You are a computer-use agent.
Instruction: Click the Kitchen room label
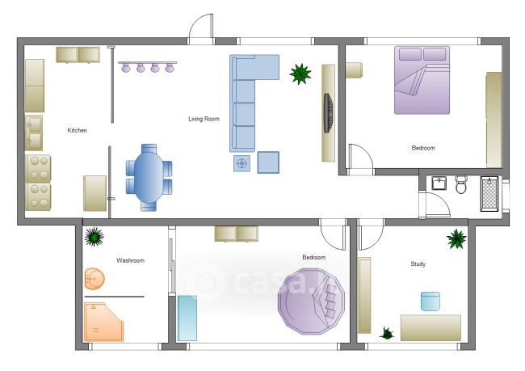[77, 130]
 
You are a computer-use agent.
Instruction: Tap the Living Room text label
[204, 119]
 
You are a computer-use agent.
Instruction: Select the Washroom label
[130, 260]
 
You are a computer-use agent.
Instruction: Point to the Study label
[418, 263]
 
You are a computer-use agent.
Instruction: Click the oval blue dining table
[149, 178]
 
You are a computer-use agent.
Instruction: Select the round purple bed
[312, 301]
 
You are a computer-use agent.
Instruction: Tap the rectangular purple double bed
[422, 80]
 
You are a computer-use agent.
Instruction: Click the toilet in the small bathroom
[461, 185]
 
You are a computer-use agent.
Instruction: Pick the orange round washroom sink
[94, 279]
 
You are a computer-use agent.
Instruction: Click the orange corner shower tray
[103, 322]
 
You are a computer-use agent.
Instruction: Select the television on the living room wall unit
[329, 113]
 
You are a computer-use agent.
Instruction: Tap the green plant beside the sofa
[300, 74]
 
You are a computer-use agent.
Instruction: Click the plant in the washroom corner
[94, 237]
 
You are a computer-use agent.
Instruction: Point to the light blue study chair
[430, 301]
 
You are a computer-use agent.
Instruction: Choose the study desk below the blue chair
[430, 328]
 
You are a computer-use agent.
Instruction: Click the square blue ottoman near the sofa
[268, 162]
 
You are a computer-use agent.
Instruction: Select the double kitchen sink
[34, 133]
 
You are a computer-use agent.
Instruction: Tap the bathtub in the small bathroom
[489, 194]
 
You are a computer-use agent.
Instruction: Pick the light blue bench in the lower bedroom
[187, 318]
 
